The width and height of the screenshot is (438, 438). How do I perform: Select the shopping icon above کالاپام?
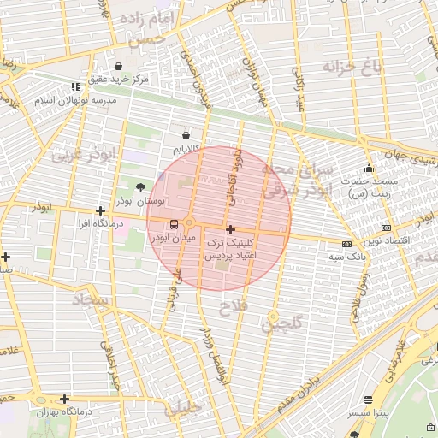point(186,134)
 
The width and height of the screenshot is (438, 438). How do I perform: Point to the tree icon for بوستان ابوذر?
point(140,186)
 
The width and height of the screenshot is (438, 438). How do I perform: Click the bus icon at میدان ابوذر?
point(175,224)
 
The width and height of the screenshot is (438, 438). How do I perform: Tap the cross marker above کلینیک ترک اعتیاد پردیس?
point(230,229)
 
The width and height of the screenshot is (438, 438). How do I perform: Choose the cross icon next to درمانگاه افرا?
point(101,210)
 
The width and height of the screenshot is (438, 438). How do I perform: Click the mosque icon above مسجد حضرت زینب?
point(369,168)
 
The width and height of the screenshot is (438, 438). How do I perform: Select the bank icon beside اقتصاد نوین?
point(386,228)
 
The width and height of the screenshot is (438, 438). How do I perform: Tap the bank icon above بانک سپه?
point(346,244)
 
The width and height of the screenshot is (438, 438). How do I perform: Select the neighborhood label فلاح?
point(233,305)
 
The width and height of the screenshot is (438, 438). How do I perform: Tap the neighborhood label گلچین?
point(281,324)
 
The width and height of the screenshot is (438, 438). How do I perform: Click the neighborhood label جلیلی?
point(186,409)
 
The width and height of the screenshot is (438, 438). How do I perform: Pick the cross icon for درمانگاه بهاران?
point(64,399)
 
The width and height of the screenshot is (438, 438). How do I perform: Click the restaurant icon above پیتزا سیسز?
point(369,400)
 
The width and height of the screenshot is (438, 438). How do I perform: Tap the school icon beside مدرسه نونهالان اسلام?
point(75,86)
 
